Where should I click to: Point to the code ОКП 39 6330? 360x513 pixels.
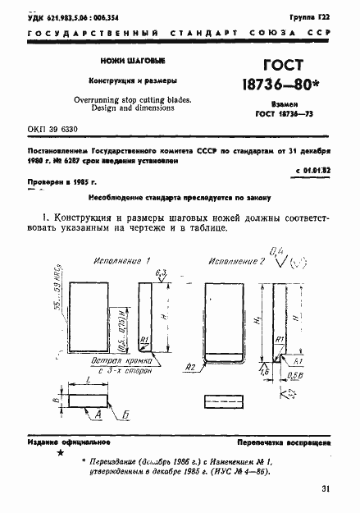[58, 129]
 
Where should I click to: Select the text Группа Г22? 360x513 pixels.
[313, 16]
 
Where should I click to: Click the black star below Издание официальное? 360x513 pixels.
[59, 452]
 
